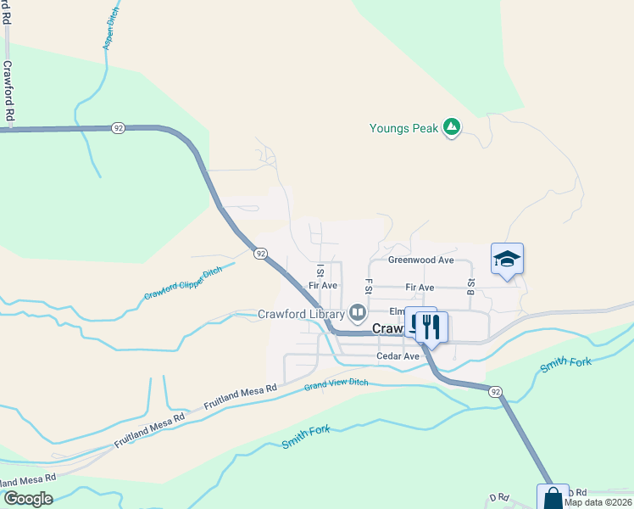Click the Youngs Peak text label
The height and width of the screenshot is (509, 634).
coord(403,129)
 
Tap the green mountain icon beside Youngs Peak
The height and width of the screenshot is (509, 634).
coord(453,128)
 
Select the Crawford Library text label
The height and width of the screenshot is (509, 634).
coord(301,314)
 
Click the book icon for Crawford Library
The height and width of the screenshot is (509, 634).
coord(358,314)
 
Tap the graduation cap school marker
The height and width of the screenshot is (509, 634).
coord(507,260)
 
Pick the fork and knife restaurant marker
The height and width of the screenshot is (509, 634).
coord(431,326)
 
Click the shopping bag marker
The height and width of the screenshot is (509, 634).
coord(553,497)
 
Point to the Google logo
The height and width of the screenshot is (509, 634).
coord(27,499)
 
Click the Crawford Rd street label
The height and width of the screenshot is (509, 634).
coord(8,90)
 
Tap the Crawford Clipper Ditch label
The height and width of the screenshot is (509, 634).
coord(182,283)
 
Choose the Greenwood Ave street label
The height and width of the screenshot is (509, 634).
coord(421,260)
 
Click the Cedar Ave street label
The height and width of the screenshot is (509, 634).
coord(398,357)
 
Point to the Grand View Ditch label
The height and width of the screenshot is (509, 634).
coord(337,386)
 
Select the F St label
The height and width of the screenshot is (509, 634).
coord(369,288)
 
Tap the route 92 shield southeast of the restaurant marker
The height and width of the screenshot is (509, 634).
coord(494,390)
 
